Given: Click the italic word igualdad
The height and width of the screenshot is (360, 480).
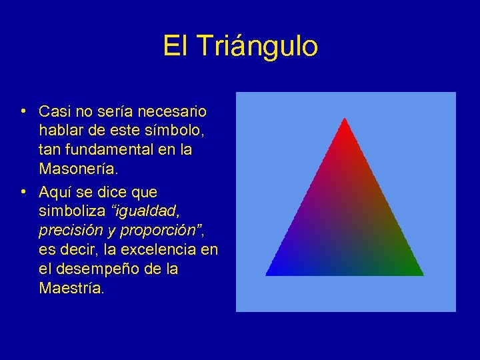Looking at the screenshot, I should [x=147, y=211].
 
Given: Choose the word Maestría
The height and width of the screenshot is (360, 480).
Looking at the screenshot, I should [x=71, y=289].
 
